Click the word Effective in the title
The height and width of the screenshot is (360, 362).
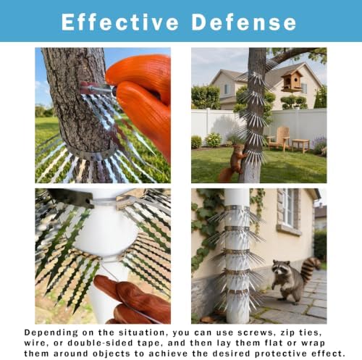point(120,22)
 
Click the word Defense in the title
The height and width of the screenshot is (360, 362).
point(244,22)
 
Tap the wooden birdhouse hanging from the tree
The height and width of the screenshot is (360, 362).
point(292,81)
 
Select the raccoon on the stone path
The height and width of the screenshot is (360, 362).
point(295,280)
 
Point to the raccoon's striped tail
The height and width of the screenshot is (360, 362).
point(311,268)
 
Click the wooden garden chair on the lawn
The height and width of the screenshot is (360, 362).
point(278,138)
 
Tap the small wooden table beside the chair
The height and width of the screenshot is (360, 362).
point(300,146)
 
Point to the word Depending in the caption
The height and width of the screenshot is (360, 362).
point(51,333)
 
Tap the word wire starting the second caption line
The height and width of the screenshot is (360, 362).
point(35,343)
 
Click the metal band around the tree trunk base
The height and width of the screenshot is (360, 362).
point(90,152)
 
